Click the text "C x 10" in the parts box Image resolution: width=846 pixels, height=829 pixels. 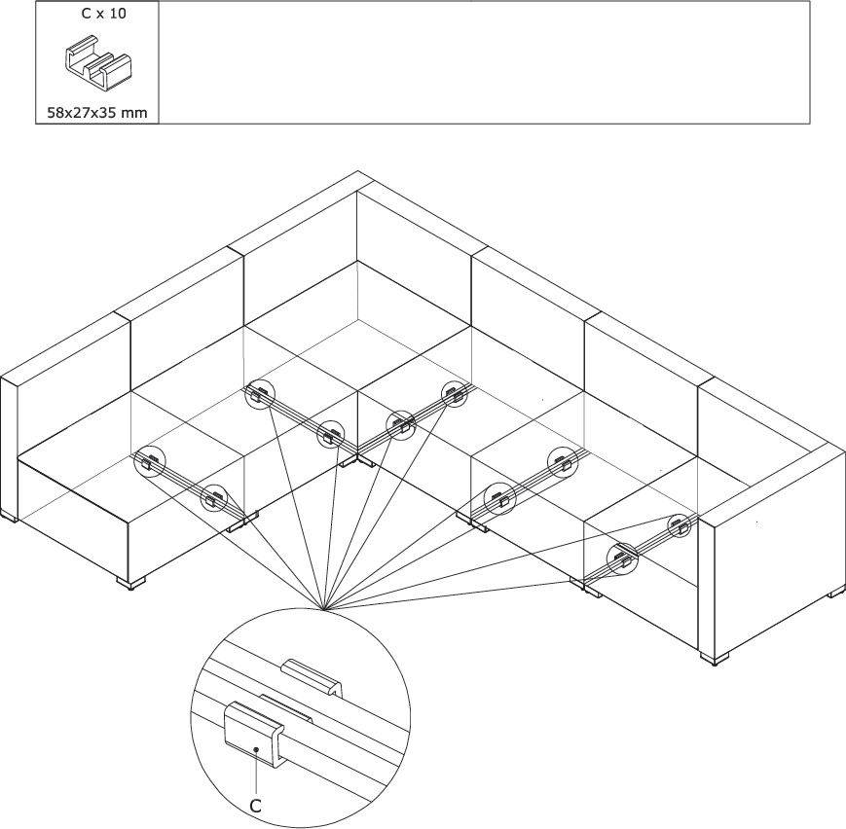point(103,14)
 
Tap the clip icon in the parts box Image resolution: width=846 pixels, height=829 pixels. point(97,62)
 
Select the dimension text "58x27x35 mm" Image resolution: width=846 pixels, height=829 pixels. point(97,113)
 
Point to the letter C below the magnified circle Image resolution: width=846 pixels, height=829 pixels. point(255,807)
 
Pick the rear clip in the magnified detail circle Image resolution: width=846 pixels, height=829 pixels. point(313,677)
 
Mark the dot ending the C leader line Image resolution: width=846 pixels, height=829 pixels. point(257,749)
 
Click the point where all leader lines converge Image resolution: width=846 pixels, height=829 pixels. point(322,610)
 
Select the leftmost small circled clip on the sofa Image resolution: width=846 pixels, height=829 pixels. point(150,462)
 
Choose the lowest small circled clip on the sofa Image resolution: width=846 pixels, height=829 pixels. point(622,559)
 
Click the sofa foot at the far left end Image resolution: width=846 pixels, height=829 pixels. point(10,517)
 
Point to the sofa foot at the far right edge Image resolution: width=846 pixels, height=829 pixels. point(837,592)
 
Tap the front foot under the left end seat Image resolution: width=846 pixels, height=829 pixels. point(131,584)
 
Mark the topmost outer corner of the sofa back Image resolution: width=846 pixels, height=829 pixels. point(357,171)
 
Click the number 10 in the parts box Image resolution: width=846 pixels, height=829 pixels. point(118,14)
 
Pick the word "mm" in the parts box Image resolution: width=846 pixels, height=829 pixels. point(133,113)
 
